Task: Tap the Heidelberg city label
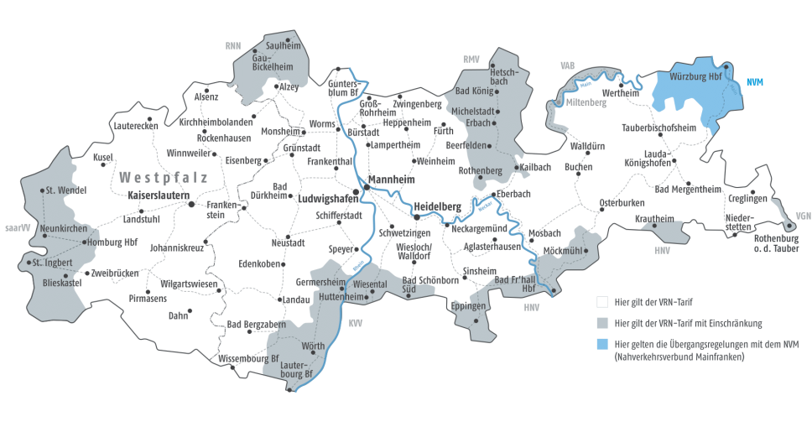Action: tap(438, 206)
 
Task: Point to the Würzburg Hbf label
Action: tap(695, 76)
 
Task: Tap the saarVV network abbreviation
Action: tap(16, 227)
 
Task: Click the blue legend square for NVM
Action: tap(601, 344)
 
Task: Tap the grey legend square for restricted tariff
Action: tap(601, 322)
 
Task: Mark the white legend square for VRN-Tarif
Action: tap(601, 300)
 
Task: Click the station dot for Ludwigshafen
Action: tap(356, 192)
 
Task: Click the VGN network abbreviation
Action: tap(804, 215)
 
